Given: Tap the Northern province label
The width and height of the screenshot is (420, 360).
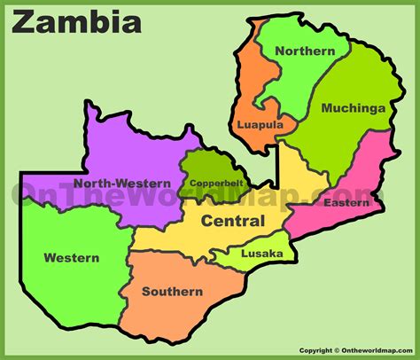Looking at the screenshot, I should click(305, 51).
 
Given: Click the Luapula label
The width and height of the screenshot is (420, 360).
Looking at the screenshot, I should click(260, 126).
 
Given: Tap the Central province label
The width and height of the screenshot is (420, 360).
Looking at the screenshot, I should click(232, 220).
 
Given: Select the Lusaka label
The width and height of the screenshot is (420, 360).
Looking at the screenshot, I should click(262, 254).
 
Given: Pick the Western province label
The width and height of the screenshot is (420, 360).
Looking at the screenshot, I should click(71, 258).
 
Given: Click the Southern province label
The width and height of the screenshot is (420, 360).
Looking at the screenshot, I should click(173, 291).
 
